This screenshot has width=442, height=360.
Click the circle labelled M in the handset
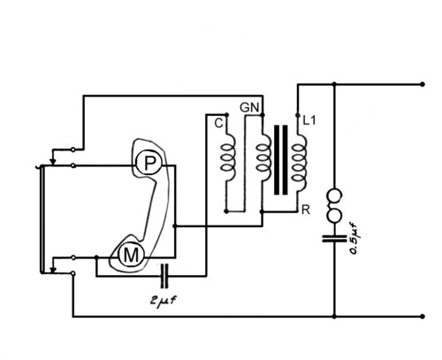pos(131,255)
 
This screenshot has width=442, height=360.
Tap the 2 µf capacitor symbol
pos(164,276)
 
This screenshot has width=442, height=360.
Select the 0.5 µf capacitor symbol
pos(334,238)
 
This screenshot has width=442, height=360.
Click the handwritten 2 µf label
pos(164,301)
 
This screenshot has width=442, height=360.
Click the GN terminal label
pos(249,108)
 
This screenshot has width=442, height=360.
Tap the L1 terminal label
pos(309,120)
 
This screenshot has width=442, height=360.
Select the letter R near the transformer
pos(306,210)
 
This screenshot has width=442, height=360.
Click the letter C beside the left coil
pos(218,123)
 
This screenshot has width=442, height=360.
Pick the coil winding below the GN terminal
pos(263,158)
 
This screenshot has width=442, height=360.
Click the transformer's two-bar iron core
pos(281,160)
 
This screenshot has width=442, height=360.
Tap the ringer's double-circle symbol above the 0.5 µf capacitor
pos(334,205)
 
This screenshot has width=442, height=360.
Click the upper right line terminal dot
pos(423,84)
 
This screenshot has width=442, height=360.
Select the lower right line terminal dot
pos(423,317)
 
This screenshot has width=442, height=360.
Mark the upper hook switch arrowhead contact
pos(52,161)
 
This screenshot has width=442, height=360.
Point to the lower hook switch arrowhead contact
pos(52,270)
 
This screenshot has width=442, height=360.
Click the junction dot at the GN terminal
pos(263,115)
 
